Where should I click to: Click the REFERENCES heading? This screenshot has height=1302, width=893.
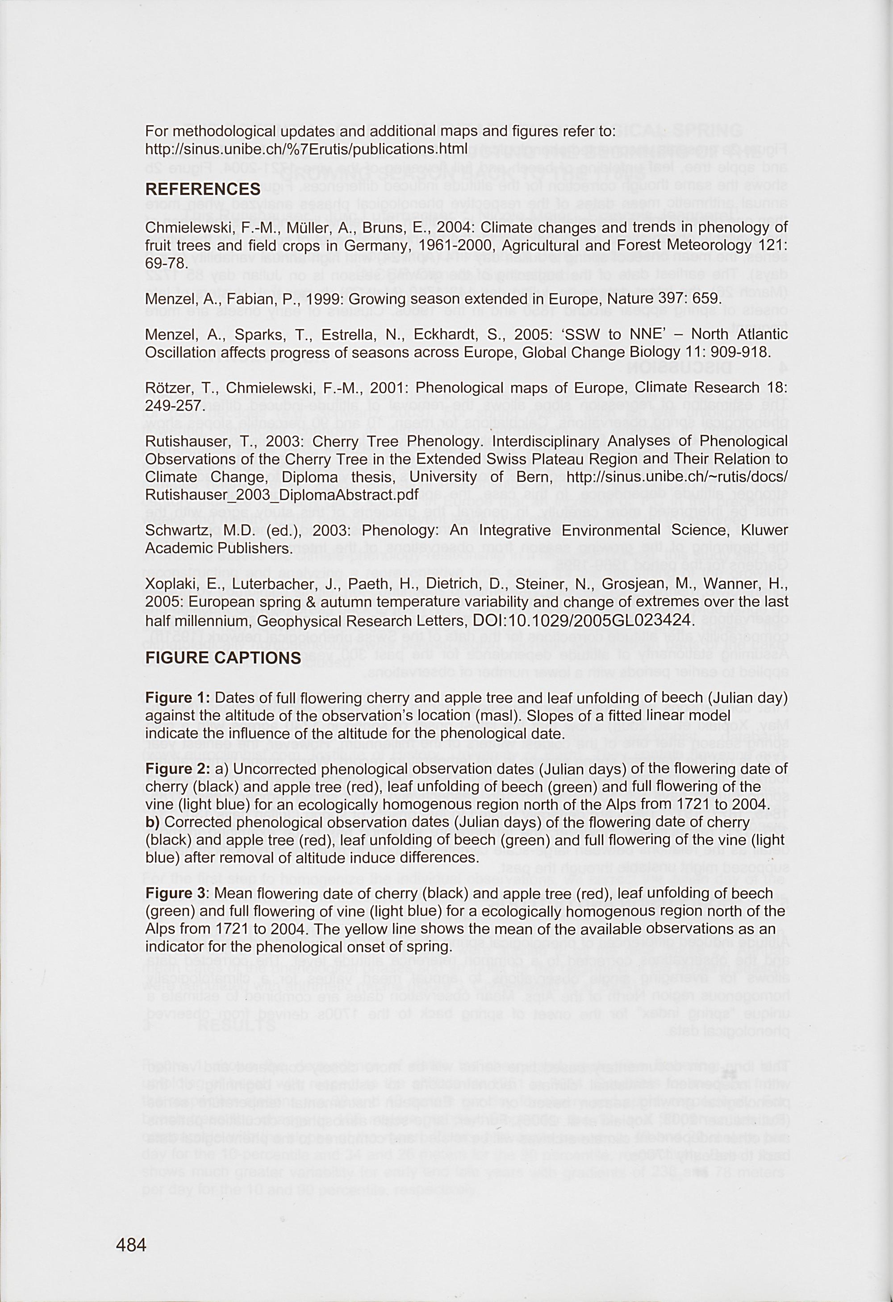pyautogui.click(x=203, y=189)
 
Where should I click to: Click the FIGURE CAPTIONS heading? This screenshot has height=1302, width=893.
pyautogui.click(x=223, y=657)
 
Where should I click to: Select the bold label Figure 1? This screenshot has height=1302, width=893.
pyautogui.click(x=177, y=698)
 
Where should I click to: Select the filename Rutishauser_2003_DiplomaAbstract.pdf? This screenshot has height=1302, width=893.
pyautogui.click(x=282, y=495)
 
